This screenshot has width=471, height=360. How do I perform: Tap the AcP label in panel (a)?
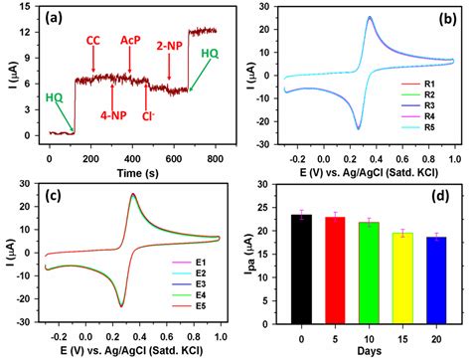[130, 41]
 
